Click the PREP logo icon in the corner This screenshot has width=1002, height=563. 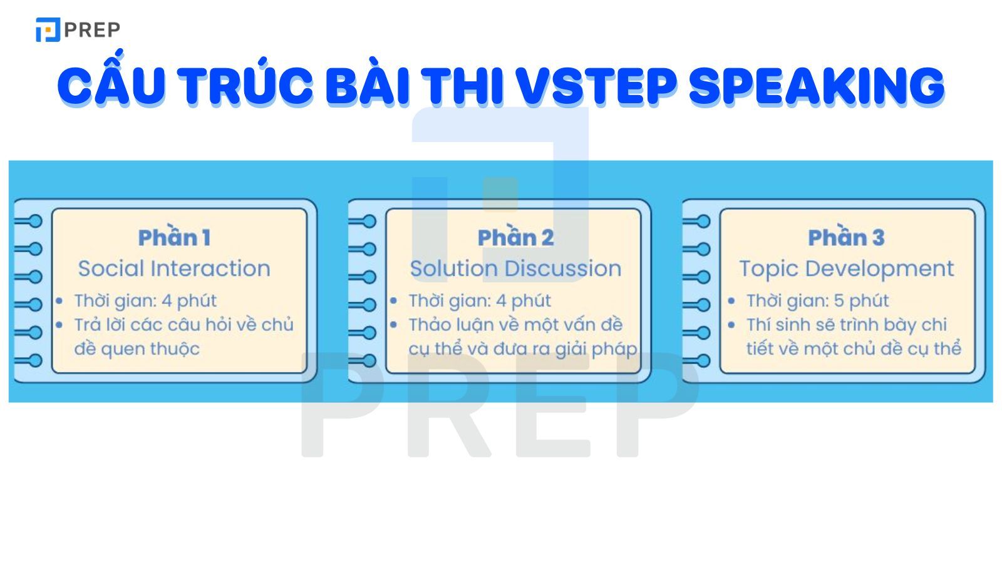48,29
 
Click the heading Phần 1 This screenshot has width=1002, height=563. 174,238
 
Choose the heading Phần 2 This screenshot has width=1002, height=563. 515,238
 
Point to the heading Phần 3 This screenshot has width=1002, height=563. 846,238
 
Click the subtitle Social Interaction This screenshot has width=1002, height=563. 174,268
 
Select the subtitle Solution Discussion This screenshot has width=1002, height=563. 515,268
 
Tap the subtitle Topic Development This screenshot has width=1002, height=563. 846,268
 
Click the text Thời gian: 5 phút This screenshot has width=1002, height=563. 817,301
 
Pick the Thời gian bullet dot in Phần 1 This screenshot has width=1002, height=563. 59,301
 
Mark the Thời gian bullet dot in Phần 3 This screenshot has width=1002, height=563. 731,301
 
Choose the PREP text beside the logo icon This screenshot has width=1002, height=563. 92,29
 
